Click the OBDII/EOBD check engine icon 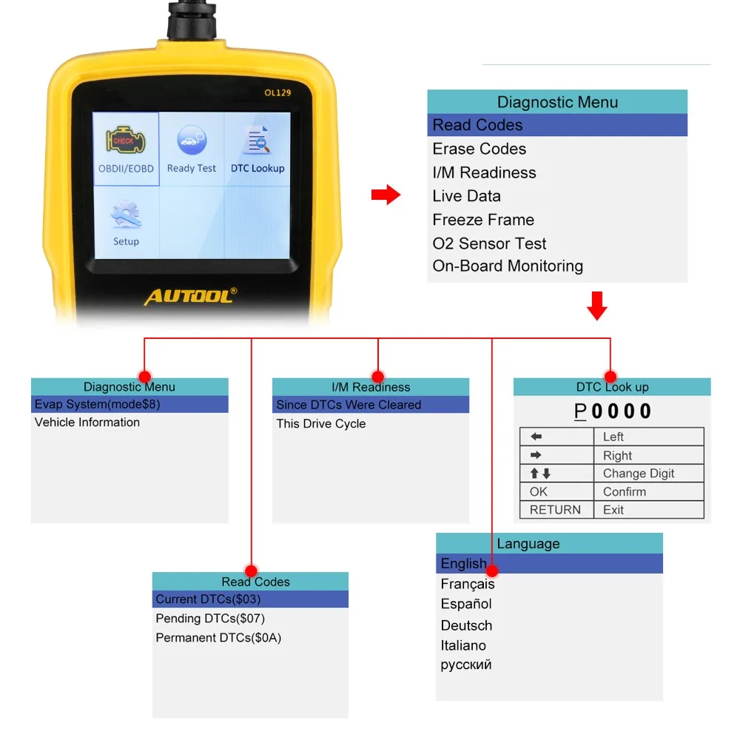125,141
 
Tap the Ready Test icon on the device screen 192,141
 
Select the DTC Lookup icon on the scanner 258,141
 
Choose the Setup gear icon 126,215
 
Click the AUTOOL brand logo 190,297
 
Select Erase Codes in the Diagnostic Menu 480,149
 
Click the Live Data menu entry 467,196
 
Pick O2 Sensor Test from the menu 489,243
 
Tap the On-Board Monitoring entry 508,266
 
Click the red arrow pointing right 385,195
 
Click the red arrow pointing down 596,305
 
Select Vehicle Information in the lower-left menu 87,423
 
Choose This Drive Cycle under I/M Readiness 321,424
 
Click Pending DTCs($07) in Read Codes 210,619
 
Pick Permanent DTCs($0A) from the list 218,638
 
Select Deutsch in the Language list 466,625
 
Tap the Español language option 466,604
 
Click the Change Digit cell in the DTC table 639,474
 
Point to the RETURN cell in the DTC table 555,510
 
